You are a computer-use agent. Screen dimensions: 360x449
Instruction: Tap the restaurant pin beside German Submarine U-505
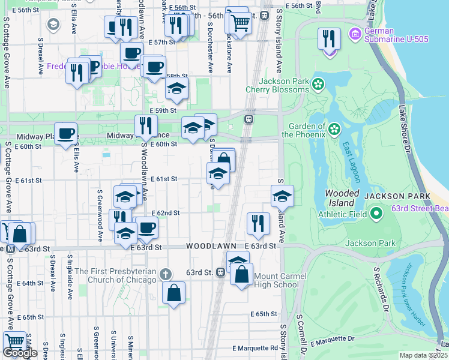328,40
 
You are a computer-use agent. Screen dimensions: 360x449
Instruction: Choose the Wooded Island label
342,198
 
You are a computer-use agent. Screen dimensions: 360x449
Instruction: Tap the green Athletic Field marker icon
376,213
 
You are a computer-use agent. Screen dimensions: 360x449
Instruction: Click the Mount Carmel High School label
277,280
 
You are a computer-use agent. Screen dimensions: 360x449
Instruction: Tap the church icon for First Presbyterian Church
167,274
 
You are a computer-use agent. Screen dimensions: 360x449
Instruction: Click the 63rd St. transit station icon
221,272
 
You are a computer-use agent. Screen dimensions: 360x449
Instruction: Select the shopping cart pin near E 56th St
240,23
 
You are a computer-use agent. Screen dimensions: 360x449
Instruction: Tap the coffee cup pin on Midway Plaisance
66,133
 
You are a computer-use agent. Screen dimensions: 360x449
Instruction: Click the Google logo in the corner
20,353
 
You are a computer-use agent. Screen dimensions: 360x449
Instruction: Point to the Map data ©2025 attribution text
423,355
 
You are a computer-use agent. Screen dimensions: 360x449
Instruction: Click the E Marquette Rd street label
256,348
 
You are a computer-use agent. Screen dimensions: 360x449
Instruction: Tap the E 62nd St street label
166,213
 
